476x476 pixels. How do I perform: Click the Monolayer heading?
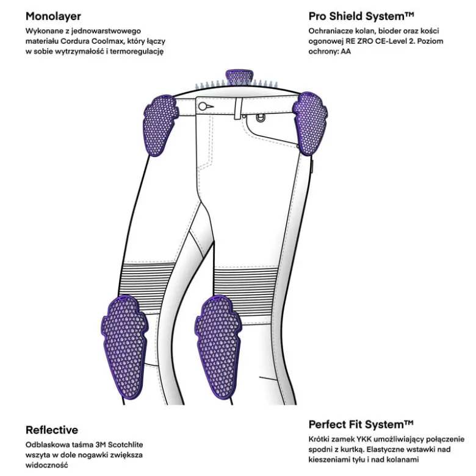coord(53,16)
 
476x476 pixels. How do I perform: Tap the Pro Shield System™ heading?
coord(361,16)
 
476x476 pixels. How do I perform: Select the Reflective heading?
coord(52,430)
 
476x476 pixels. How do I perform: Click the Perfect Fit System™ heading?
coord(361,424)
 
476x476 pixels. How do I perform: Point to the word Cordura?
coord(75,41)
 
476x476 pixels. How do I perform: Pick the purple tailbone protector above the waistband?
coord(239,77)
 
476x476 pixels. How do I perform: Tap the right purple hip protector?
coord(310,123)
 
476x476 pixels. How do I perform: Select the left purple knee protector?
coord(124,347)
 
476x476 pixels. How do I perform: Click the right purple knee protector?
coord(218,347)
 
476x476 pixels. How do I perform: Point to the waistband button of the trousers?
coord(203,106)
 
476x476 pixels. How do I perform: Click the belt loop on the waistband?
coord(238,108)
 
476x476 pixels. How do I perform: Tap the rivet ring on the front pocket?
coord(259,118)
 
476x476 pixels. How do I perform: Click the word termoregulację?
coord(137,52)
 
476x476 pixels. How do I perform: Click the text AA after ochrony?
coord(346,51)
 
